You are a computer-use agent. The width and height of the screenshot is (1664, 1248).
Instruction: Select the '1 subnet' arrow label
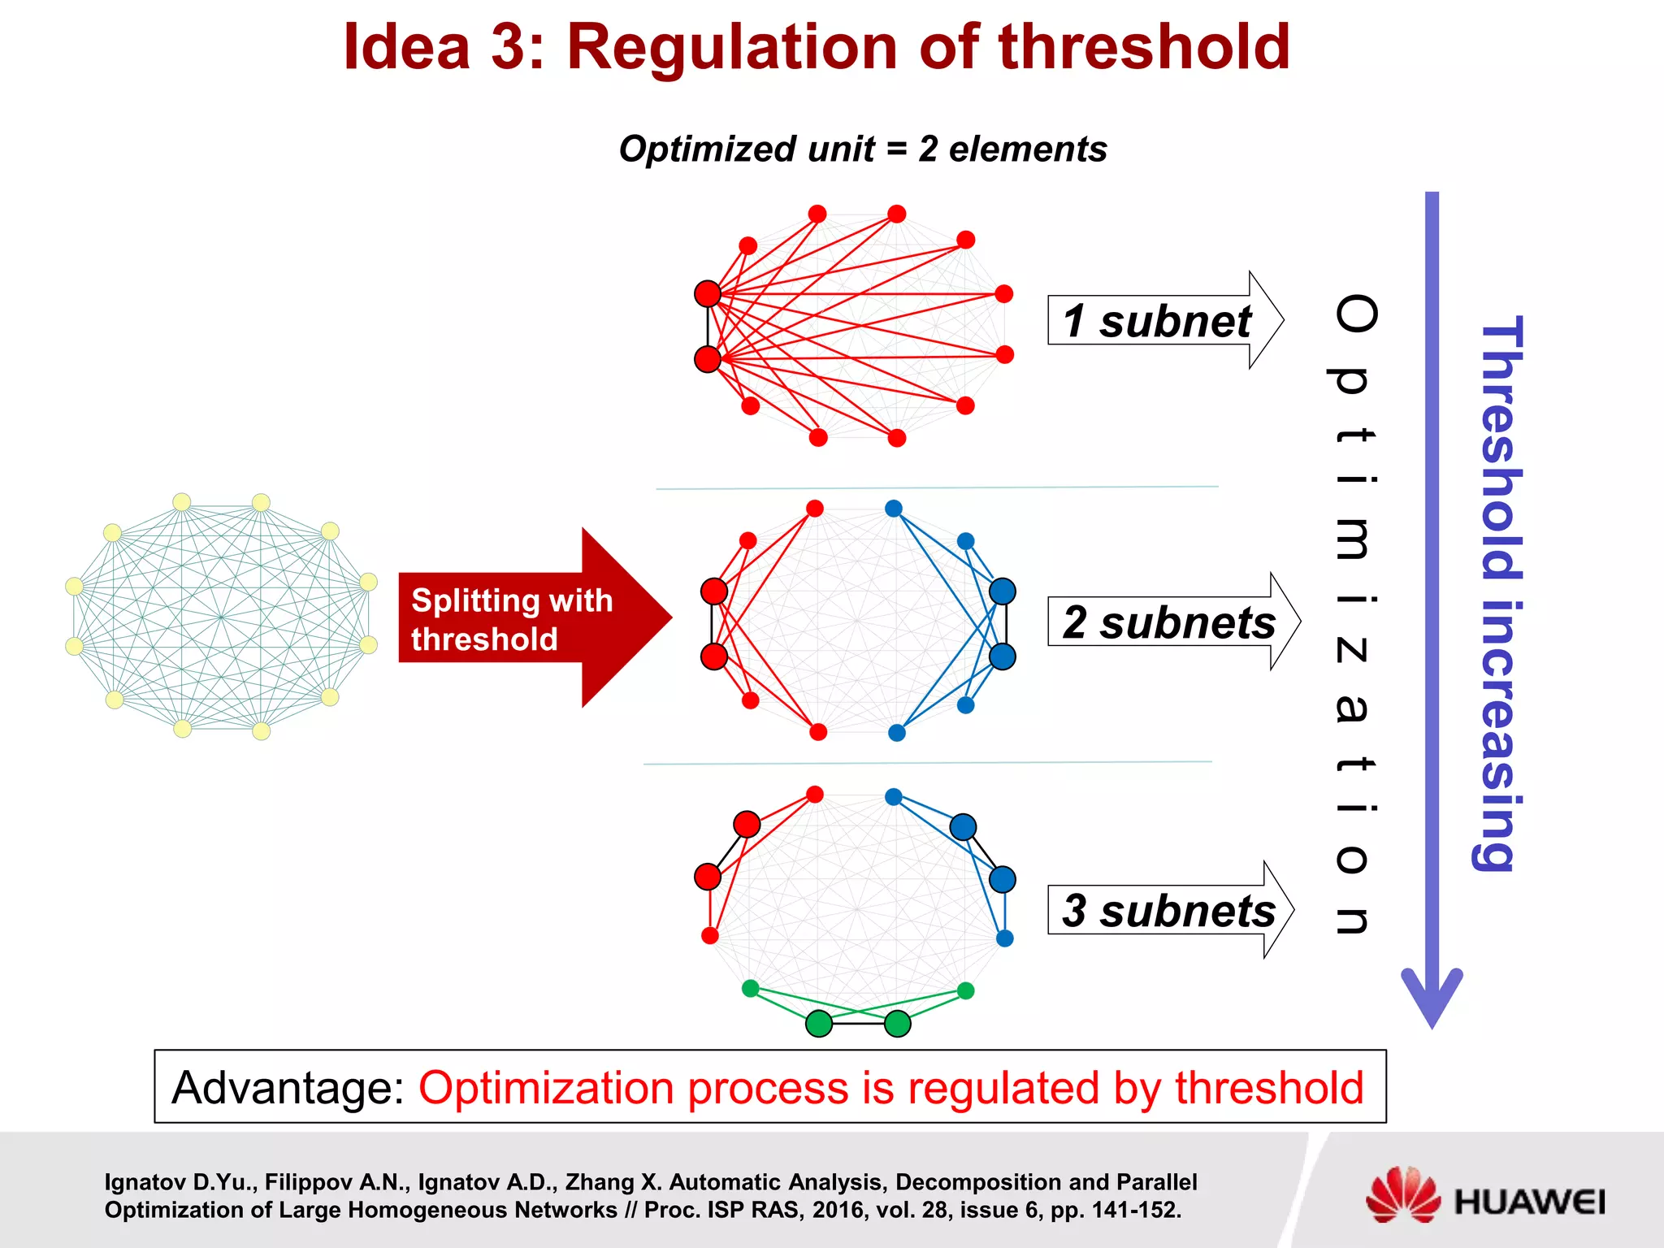pyautogui.click(x=1157, y=321)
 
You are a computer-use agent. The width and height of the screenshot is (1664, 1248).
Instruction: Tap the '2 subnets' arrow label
pyautogui.click(x=1168, y=622)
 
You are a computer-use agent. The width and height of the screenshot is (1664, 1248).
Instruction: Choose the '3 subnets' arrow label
pyautogui.click(x=1168, y=910)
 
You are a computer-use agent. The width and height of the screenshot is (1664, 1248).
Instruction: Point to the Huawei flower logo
pyautogui.click(x=1403, y=1194)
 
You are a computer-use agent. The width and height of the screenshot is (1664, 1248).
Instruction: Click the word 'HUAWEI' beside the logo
pyautogui.click(x=1530, y=1202)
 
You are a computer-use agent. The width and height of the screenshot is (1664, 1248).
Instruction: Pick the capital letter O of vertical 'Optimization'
pyautogui.click(x=1355, y=314)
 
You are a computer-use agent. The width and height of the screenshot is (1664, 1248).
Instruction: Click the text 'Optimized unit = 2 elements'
pyautogui.click(x=863, y=149)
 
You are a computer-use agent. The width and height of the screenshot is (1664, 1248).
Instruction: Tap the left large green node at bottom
pyautogui.click(x=819, y=1024)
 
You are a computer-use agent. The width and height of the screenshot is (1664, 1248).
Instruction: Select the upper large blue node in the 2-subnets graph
pyautogui.click(x=1003, y=591)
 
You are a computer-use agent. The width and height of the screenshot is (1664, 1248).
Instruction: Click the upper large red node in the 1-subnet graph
pyautogui.click(x=708, y=293)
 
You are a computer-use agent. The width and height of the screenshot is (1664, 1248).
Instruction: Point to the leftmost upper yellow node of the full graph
pyautogui.click(x=74, y=586)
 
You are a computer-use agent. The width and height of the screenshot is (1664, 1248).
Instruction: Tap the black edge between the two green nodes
pyautogui.click(x=858, y=1024)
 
